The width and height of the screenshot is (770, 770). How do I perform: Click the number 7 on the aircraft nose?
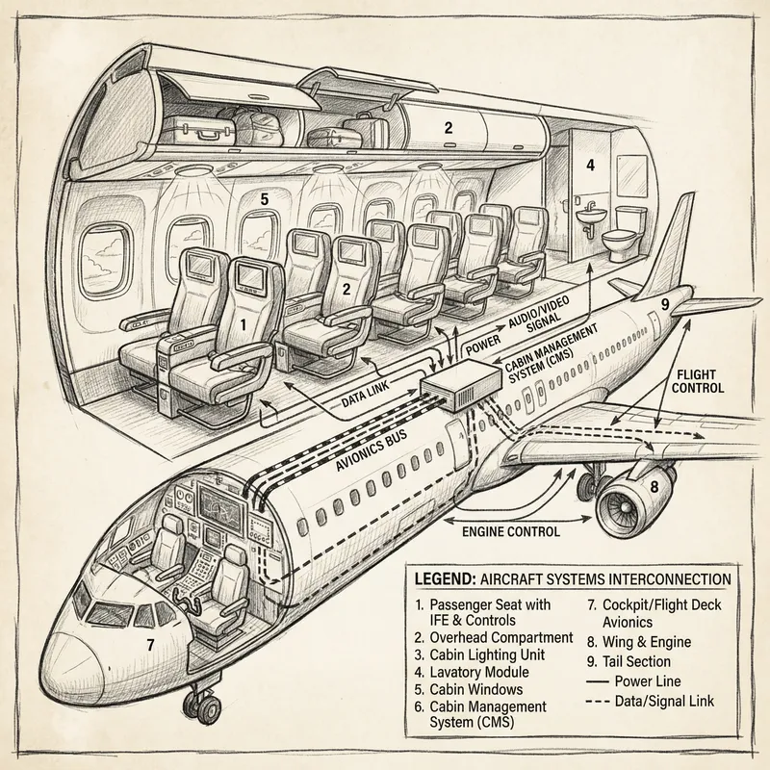(149, 644)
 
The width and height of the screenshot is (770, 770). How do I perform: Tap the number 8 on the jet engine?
(654, 487)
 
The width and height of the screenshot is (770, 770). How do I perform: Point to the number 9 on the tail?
(664, 305)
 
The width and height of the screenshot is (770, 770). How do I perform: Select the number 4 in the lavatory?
(591, 165)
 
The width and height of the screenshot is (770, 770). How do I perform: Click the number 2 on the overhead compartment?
(448, 127)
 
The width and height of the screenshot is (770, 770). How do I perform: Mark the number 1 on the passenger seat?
(244, 325)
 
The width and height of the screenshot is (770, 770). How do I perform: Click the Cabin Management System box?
(459, 390)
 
